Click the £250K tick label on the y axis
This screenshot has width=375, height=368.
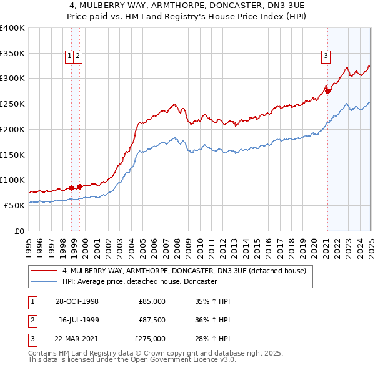tap(12, 104)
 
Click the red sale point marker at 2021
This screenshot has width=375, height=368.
tap(327, 91)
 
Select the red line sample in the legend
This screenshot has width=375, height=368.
tap(44, 271)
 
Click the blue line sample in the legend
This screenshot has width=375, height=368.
tap(44, 281)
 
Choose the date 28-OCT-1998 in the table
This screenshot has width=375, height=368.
tap(76, 301)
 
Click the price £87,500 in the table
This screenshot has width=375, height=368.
tap(152, 320)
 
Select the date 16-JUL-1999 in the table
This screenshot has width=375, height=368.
tap(78, 320)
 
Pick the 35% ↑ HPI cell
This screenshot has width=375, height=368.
tap(212, 301)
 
